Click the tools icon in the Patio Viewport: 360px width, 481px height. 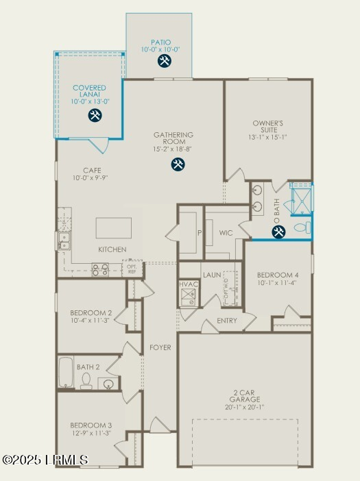click(x=165, y=61)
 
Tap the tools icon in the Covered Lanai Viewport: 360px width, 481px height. click(x=95, y=115)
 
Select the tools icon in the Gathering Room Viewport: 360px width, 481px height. click(x=178, y=164)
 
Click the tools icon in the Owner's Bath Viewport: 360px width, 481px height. click(x=278, y=232)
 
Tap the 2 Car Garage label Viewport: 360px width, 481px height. click(x=244, y=395)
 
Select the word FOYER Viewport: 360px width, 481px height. click(x=160, y=347)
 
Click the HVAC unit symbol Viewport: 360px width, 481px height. click(x=189, y=296)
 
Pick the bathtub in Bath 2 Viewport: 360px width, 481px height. click(x=66, y=373)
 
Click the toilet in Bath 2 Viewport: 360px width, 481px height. click(x=86, y=382)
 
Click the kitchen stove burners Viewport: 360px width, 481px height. click(x=100, y=269)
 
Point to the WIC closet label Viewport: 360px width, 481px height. click(x=227, y=234)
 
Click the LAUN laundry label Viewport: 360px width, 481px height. click(x=212, y=275)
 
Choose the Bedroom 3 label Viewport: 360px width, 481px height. click(x=91, y=425)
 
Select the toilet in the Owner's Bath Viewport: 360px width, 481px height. click(x=302, y=227)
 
